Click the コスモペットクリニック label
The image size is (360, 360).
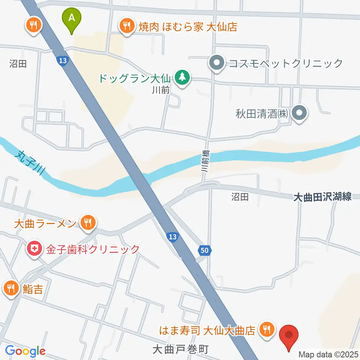tap(286, 63)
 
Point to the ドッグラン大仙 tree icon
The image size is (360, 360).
tap(182, 78)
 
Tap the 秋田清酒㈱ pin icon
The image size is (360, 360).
tap(300, 113)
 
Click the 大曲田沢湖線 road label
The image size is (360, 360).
tap(322, 196)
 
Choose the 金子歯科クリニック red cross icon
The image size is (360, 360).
tap(34, 249)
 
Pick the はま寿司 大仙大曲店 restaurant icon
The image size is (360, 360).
tap(267, 330)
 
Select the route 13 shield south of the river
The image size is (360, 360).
tap(172, 237)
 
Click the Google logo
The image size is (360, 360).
tap(25, 351)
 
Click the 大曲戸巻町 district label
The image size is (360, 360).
tap(180, 349)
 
